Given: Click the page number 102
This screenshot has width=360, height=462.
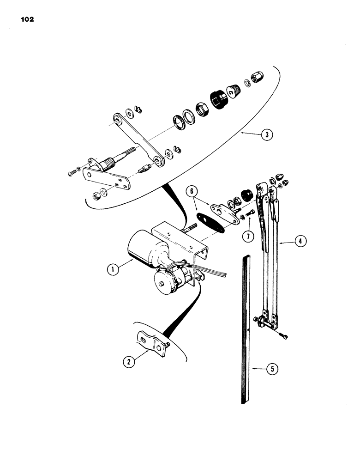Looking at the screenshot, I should (27, 19).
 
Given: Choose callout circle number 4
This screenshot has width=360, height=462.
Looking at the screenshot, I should (300, 240).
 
